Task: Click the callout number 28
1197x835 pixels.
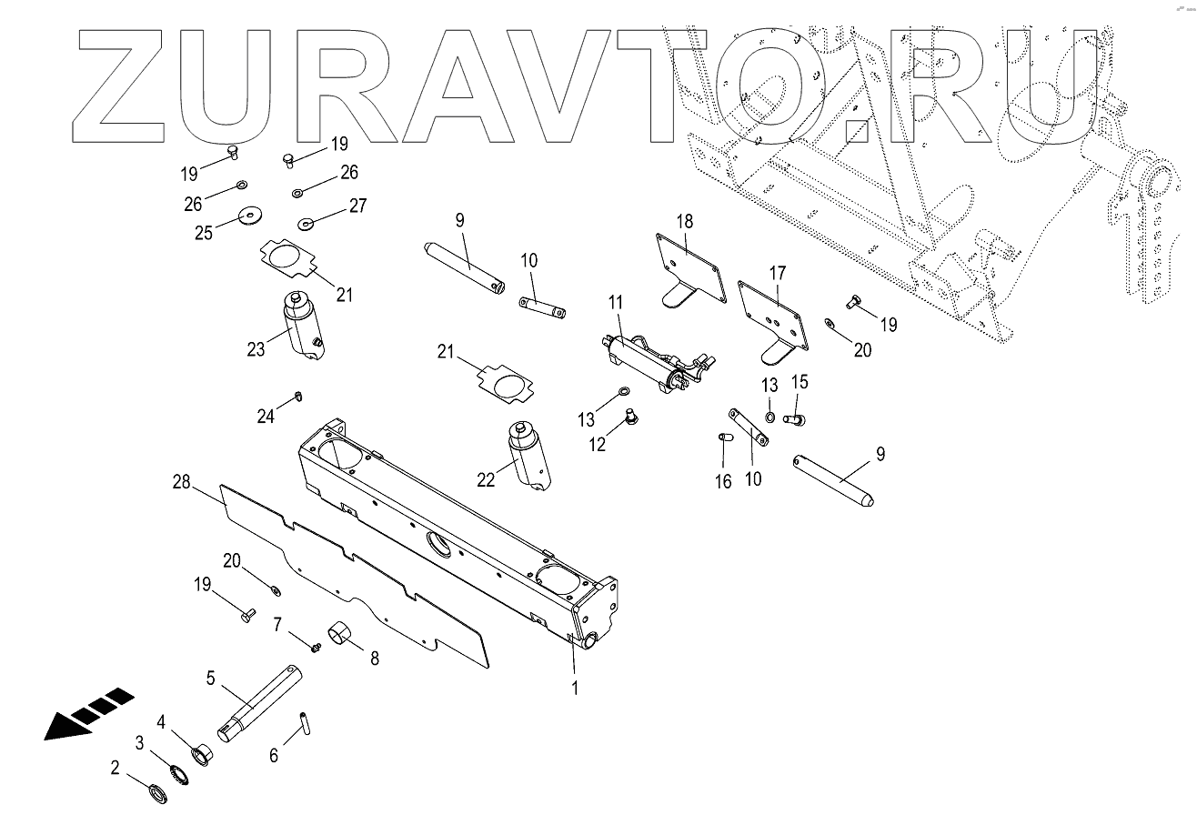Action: click(x=182, y=482)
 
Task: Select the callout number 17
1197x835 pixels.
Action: click(x=778, y=272)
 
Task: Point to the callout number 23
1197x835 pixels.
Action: click(x=256, y=348)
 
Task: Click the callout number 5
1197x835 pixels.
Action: click(x=210, y=678)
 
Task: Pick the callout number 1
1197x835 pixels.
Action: click(x=574, y=689)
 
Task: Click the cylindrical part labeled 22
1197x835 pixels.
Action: click(x=525, y=455)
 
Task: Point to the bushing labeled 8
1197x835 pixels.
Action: click(x=341, y=633)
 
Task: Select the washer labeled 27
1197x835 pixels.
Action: click(x=306, y=222)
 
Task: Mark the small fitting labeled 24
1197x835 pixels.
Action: click(x=297, y=396)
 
